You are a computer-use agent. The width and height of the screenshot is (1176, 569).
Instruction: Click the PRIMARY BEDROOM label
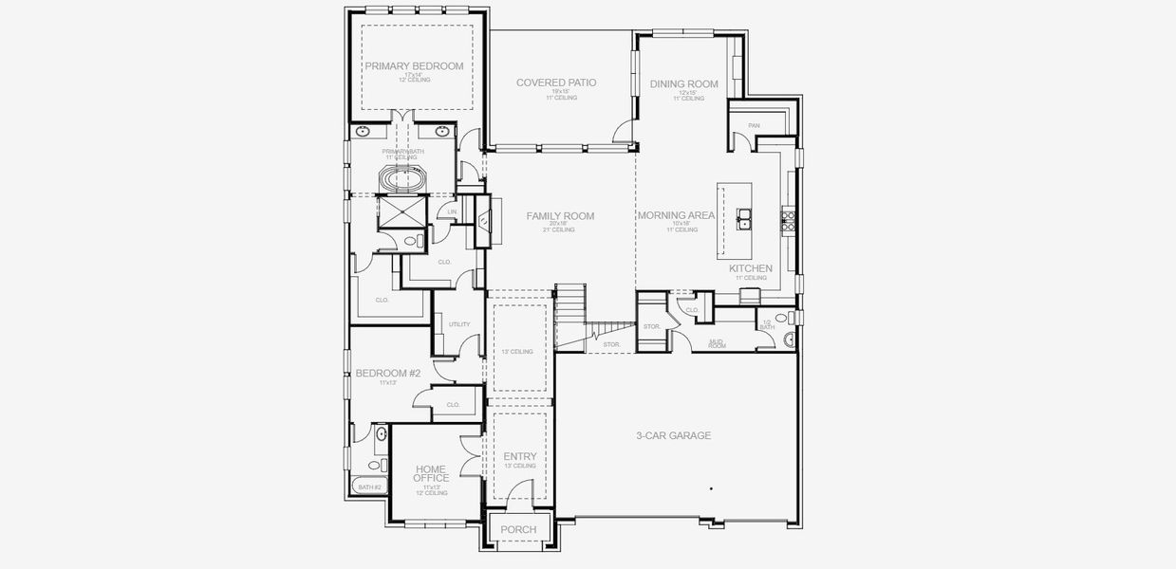click(x=414, y=66)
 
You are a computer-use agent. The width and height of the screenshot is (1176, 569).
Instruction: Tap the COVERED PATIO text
click(x=556, y=83)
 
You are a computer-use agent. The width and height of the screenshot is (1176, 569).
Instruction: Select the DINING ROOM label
click(x=683, y=84)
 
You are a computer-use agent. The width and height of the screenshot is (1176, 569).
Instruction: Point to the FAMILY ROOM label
click(x=560, y=216)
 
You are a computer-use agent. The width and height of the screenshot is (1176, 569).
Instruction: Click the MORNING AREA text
click(x=676, y=216)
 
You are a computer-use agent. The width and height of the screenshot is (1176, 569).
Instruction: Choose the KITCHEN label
click(x=750, y=268)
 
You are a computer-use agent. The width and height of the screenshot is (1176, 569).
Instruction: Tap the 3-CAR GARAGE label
click(x=673, y=436)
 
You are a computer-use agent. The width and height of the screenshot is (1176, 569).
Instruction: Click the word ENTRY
click(x=520, y=456)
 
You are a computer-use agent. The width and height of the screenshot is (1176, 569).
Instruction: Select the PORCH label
click(x=518, y=529)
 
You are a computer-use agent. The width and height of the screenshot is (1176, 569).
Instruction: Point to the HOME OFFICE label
click(x=431, y=472)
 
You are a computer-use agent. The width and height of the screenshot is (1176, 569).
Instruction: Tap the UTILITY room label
click(x=459, y=324)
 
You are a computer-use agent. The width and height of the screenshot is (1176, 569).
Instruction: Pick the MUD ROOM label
click(x=717, y=344)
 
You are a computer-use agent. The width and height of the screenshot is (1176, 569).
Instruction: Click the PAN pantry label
click(x=754, y=125)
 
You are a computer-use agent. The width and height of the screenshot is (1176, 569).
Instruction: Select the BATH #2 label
click(x=369, y=487)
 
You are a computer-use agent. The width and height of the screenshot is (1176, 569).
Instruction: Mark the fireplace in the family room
click(x=484, y=221)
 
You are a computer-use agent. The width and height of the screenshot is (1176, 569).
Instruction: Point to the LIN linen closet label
click(x=453, y=211)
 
